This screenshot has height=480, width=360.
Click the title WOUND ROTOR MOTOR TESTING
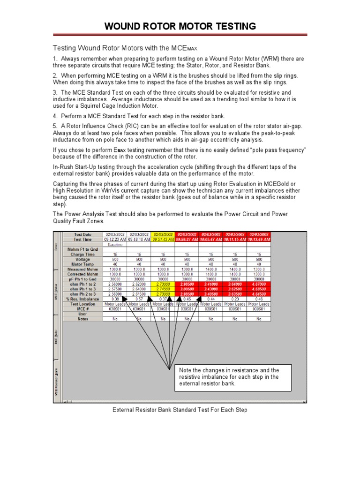click(x=180, y=26)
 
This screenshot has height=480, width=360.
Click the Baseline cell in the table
click(x=115, y=244)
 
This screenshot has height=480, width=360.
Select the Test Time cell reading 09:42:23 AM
click(x=115, y=239)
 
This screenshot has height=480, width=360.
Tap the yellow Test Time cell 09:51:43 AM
click(x=163, y=239)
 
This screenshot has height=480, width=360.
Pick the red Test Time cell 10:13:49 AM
click(x=258, y=239)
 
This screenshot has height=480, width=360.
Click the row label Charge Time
click(x=82, y=255)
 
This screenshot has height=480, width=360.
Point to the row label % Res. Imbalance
click(x=82, y=299)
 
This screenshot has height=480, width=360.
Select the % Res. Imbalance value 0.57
click(x=139, y=299)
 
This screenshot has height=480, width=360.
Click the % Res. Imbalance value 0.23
click(x=234, y=299)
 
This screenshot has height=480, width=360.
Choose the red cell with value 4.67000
click(x=258, y=284)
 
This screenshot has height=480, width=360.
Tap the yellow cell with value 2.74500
click(x=163, y=289)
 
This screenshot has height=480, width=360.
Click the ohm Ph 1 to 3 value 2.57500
click(x=115, y=289)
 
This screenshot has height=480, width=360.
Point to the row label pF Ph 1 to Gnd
click(x=82, y=279)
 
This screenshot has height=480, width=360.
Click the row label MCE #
click(x=82, y=308)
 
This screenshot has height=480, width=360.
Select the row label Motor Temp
click(x=82, y=264)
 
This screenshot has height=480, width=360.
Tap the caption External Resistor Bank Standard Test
click(x=180, y=410)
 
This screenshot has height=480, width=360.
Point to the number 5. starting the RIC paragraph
click(x=54, y=126)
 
